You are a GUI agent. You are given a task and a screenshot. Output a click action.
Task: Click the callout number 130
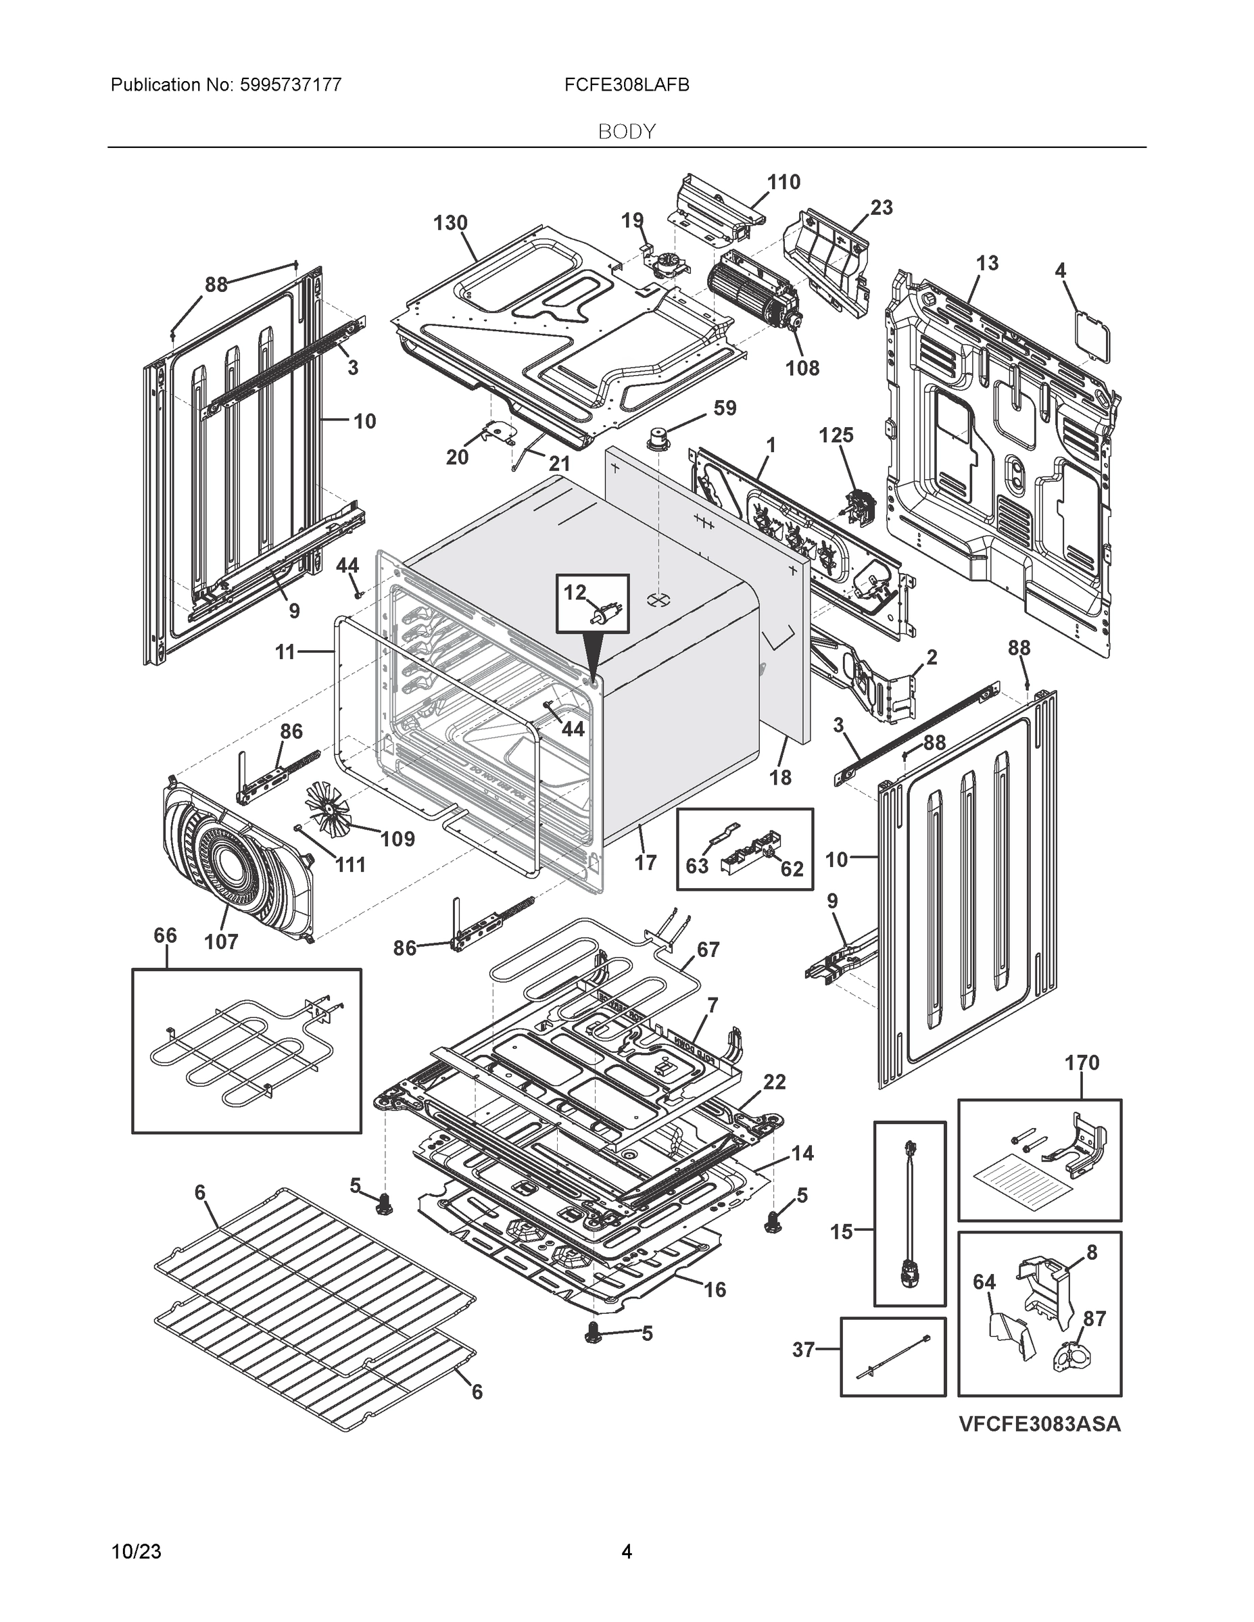tap(450, 223)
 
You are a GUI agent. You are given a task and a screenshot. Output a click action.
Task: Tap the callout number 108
tap(802, 368)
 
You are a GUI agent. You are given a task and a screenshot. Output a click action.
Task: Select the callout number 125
tap(836, 435)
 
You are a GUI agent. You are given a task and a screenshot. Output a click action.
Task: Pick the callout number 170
tap(1081, 1063)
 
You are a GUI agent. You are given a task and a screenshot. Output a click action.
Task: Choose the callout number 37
tap(804, 1350)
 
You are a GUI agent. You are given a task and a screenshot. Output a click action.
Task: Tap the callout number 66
tap(165, 935)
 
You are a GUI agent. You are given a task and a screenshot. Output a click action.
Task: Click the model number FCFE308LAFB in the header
tap(626, 85)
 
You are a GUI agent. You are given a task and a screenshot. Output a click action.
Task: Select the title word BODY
tap(626, 132)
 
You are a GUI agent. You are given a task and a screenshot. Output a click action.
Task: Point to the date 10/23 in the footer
tap(136, 1552)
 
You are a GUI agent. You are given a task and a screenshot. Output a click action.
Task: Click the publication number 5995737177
tap(291, 85)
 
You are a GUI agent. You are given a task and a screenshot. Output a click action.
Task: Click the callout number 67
tap(707, 949)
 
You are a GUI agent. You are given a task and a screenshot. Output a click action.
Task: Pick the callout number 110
tap(783, 182)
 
